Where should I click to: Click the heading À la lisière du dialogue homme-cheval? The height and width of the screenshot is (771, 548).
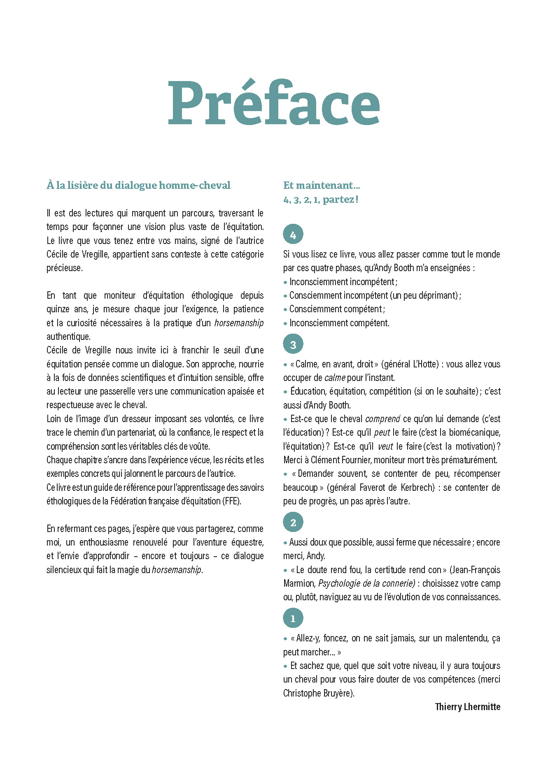click(138, 186)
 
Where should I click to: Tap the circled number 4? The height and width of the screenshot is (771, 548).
click(293, 235)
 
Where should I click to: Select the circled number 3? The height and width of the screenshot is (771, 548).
click(293, 344)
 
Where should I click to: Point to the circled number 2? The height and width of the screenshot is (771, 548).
click(293, 523)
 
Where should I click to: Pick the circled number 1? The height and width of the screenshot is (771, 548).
click(293, 618)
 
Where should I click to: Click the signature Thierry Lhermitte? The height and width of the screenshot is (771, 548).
click(467, 707)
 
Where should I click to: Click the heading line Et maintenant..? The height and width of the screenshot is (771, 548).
click(322, 186)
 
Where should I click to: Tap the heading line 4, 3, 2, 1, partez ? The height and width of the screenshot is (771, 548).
click(321, 200)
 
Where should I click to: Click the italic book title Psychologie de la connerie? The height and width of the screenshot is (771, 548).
click(366, 583)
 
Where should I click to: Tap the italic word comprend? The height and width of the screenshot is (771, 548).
click(382, 419)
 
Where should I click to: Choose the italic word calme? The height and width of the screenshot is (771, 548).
click(335, 378)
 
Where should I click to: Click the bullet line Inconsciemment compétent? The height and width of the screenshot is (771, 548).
click(339, 323)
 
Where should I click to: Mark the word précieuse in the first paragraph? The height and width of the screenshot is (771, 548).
click(64, 268)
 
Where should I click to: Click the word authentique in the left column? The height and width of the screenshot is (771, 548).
click(68, 337)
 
